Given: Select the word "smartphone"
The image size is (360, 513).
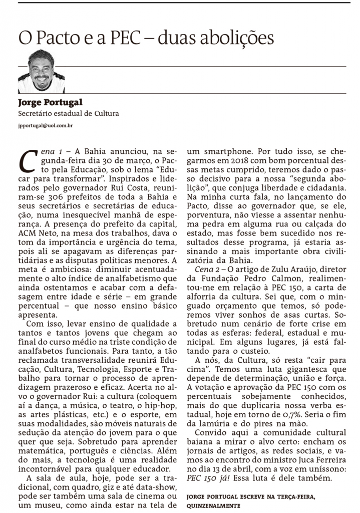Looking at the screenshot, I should tap(225, 150).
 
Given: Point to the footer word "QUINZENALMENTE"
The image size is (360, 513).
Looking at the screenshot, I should tap(213, 505).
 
